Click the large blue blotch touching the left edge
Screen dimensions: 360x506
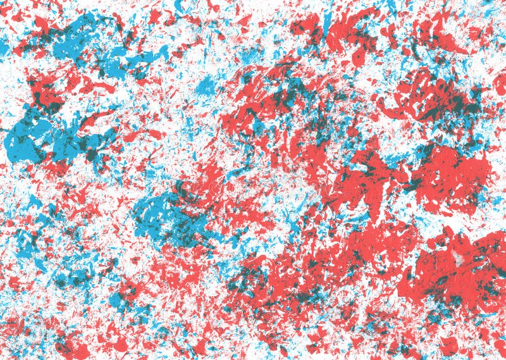28,136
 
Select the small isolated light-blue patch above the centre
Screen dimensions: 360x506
206,85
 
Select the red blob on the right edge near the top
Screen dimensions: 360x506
497,82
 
